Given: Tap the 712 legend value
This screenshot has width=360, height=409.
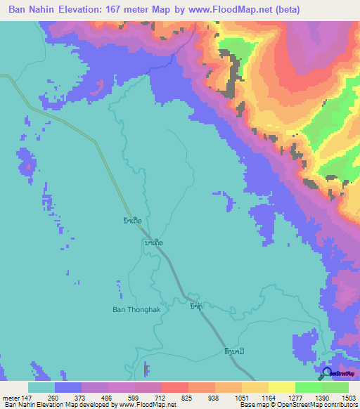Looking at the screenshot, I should tap(160, 398).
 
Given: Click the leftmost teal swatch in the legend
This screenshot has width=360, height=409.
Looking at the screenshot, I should tap(41, 387).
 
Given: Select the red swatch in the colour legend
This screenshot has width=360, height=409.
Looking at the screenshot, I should tap(175, 387).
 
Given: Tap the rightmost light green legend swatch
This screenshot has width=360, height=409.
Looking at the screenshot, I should tap(335, 387).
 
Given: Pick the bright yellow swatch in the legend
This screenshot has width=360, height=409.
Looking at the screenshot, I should tap(282, 387).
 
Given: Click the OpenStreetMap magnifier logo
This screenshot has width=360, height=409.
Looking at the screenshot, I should tap(327, 374).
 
